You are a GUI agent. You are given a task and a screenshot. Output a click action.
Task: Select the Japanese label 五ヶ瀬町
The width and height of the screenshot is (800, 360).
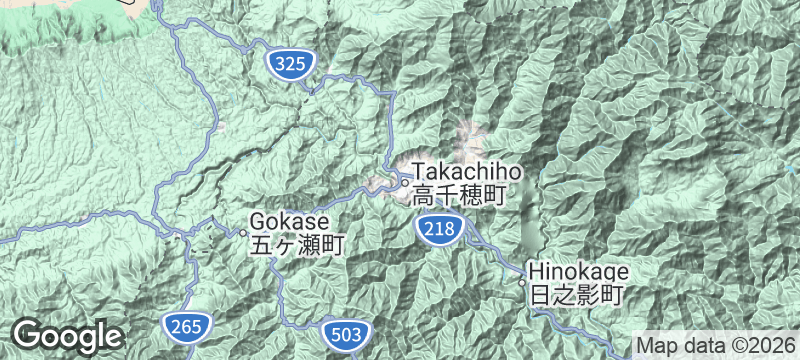click(297, 243)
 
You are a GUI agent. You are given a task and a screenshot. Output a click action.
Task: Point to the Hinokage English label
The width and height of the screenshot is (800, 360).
click(577, 271)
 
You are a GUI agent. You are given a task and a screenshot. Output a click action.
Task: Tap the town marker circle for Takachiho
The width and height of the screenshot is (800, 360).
click(404, 182)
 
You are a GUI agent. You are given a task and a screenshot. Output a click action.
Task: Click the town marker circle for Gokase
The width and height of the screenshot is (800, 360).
click(241, 233)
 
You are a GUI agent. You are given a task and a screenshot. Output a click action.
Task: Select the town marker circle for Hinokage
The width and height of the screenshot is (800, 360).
click(521, 282)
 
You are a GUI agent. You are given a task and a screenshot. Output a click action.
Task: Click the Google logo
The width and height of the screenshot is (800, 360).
click(67, 335)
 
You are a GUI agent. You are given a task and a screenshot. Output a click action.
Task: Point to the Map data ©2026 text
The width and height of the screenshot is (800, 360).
click(718, 345)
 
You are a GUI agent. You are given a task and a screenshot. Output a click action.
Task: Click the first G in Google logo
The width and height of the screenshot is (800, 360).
click(28, 333)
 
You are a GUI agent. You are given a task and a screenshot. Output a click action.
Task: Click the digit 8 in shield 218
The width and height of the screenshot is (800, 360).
click(449, 230)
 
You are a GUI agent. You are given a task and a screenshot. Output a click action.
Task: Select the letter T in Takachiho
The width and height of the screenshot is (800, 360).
click(420, 172)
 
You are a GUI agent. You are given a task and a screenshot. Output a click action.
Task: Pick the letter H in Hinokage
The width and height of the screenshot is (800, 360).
click(535, 271)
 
